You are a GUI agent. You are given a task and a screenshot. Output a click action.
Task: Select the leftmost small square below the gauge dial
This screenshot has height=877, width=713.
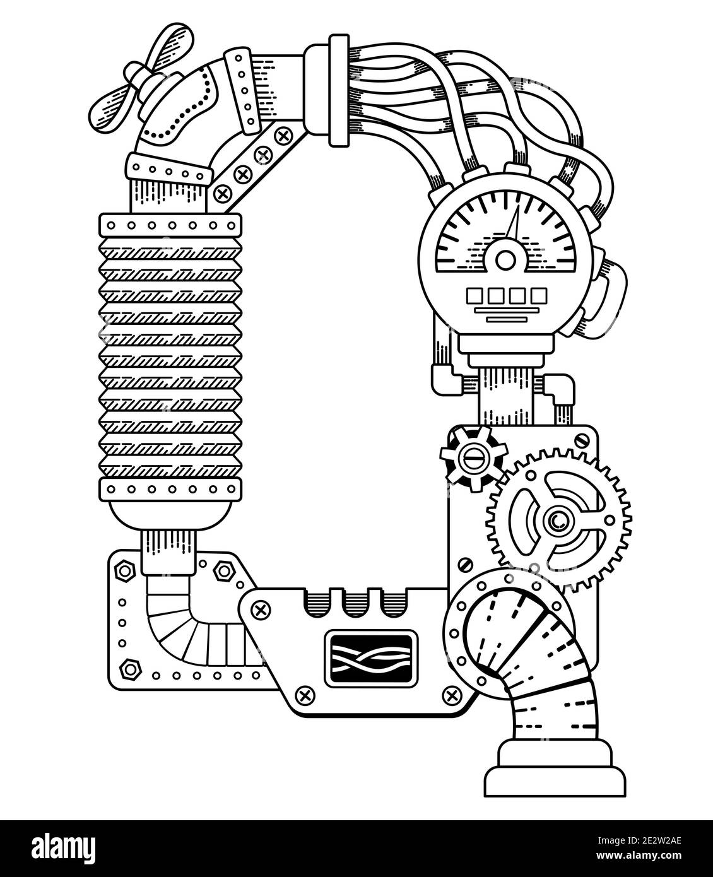pos(475,295)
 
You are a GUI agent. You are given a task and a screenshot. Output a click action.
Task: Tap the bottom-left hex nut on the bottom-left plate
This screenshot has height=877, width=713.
pos(131,666)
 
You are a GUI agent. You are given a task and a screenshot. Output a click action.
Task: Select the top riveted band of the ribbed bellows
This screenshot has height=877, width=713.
pos(170,225)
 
